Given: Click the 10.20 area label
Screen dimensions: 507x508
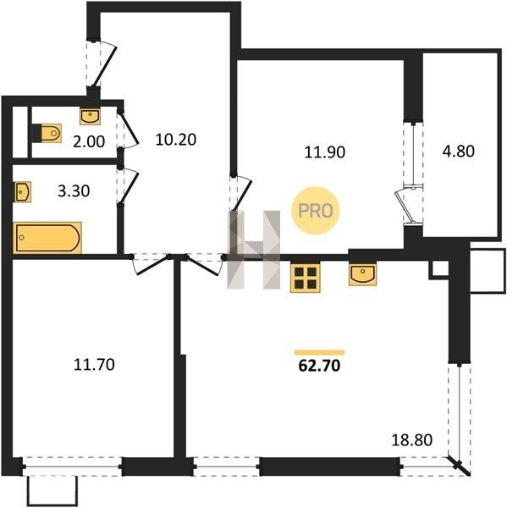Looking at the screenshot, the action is (175, 140).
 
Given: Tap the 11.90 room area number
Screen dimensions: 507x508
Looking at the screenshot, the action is (325, 152).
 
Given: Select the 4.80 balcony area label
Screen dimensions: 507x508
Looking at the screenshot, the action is (459, 151).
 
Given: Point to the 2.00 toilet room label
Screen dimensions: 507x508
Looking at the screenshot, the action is (89, 141).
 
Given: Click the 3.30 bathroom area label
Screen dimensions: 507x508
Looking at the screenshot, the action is (74, 191).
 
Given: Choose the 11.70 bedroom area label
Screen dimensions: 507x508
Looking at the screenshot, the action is (94, 364).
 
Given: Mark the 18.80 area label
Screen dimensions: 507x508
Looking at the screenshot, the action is (411, 440).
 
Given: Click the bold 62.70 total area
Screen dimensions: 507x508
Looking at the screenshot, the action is (319, 366).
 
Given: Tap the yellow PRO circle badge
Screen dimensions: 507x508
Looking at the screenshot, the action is (316, 211).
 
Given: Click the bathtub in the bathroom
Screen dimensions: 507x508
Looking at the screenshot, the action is (47, 238).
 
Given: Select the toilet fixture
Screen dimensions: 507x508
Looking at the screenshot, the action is (47, 133).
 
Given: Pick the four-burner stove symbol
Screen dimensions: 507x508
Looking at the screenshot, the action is (306, 279).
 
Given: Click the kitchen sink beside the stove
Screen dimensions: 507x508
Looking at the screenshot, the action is (362, 275).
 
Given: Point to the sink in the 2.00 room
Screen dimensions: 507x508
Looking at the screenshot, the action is (90, 117).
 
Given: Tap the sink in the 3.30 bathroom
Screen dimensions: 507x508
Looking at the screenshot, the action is (22, 192).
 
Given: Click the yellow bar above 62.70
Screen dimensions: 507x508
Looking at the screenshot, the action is (319, 352).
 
